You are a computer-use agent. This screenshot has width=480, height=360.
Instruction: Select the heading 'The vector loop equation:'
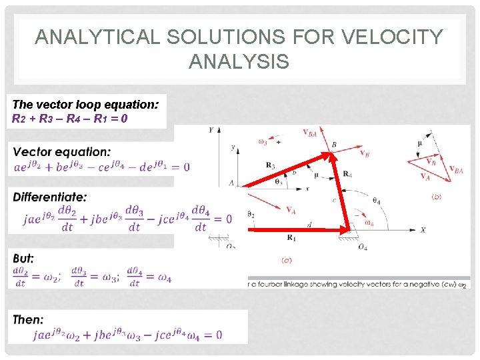pos(85,105)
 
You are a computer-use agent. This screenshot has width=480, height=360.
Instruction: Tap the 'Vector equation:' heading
pos(62,152)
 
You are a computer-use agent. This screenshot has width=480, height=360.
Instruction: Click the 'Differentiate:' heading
pos(49,197)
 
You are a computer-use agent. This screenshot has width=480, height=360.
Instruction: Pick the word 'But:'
pos(23,258)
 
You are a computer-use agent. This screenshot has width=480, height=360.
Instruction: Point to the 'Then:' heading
pos(28,319)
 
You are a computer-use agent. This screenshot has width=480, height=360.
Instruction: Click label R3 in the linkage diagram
pos(270,164)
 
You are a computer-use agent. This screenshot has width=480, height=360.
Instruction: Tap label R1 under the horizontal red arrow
pos(291,237)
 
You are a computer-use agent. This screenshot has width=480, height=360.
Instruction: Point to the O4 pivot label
pos(362,247)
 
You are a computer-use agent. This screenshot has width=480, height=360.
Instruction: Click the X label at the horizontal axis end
pos(423,229)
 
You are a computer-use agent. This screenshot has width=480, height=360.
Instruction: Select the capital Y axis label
pos(211,130)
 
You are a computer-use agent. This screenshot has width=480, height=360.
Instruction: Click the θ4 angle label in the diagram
pos(377,200)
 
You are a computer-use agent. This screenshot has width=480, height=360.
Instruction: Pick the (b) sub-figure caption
pos(436,197)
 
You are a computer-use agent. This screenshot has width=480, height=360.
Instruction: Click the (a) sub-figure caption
pos(285,259)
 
